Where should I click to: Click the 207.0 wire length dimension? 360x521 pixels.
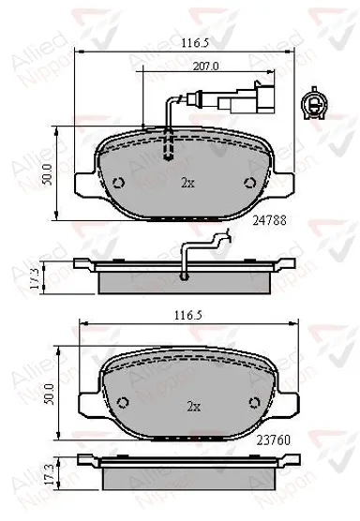(x=205, y=67)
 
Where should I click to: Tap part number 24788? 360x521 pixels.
(x=269, y=220)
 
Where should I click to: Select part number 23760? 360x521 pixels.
(x=273, y=440)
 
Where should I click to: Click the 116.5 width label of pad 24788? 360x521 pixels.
(x=195, y=43)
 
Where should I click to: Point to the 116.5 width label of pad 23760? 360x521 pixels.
(x=188, y=316)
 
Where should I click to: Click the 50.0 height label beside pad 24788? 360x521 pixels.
(x=48, y=174)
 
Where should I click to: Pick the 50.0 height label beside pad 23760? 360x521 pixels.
(x=50, y=394)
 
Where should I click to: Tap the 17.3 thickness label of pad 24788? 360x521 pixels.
(x=36, y=278)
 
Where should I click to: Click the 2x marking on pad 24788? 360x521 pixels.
(x=187, y=183)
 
